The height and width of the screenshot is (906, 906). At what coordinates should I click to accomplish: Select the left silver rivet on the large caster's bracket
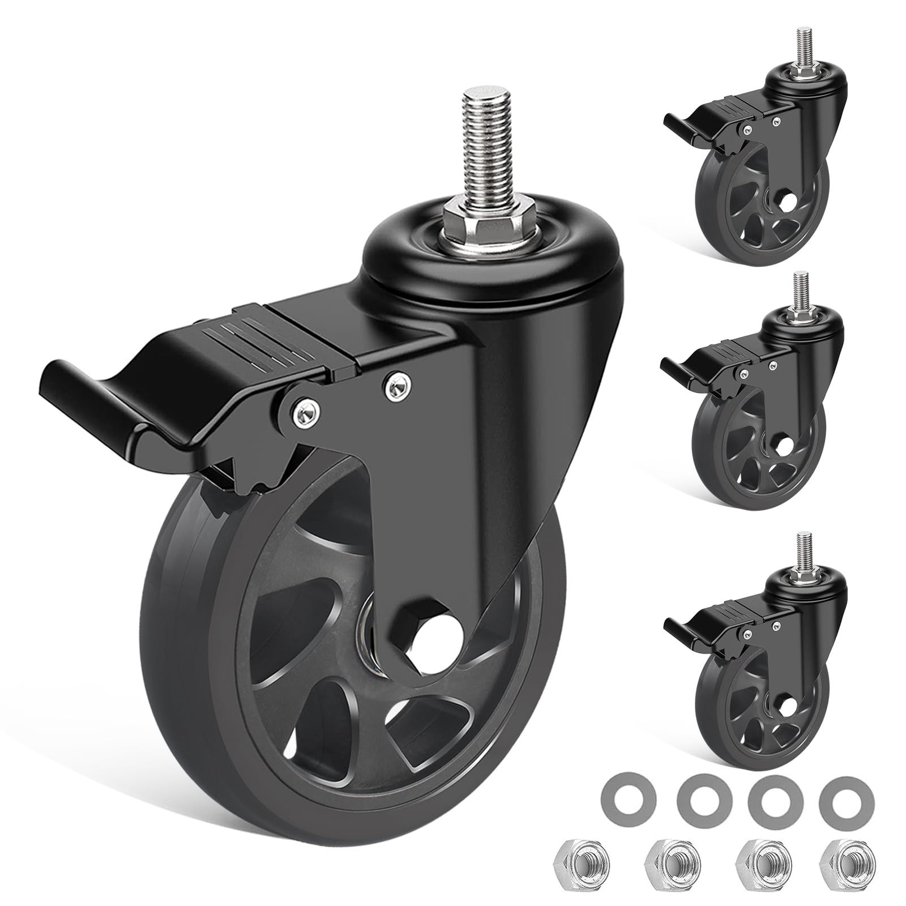click(x=304, y=407)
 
